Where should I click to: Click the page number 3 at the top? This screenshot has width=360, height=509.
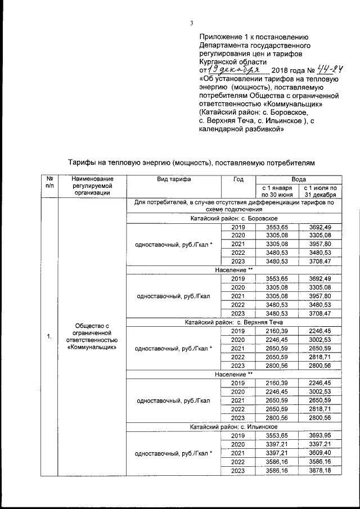(x=191, y=23)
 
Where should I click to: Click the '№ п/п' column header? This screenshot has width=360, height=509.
(x=50, y=182)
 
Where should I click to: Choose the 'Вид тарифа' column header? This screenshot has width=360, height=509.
(x=174, y=179)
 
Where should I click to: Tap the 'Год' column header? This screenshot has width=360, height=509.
(x=238, y=179)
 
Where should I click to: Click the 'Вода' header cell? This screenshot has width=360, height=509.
(x=299, y=179)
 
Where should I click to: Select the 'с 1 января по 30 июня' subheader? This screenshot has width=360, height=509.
(x=277, y=190)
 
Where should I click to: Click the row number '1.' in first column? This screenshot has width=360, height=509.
(x=50, y=336)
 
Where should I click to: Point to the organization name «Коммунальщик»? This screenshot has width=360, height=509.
(x=91, y=347)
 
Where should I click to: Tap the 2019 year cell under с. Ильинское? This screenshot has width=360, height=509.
(x=238, y=436)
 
